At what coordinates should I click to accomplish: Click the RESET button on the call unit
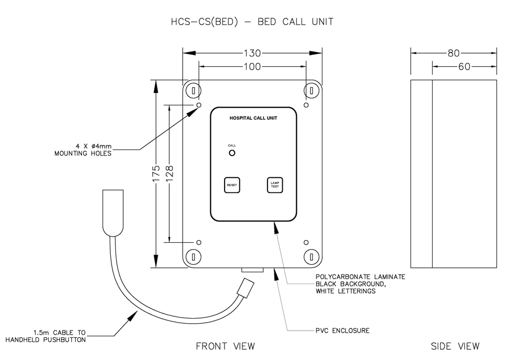point(232,185)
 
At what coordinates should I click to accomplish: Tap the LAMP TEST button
point(275,185)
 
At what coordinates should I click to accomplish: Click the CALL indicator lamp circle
point(232,153)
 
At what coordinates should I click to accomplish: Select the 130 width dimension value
point(252,53)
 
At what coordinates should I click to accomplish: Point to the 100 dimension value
point(252,67)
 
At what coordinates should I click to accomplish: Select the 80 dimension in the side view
point(453,53)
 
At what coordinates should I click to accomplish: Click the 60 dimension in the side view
point(464,67)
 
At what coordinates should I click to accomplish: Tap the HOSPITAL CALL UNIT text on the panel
point(253,118)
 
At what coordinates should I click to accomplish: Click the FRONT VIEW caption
point(225,346)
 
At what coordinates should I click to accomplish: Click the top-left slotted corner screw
point(193,91)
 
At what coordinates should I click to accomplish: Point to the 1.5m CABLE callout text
point(46,336)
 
